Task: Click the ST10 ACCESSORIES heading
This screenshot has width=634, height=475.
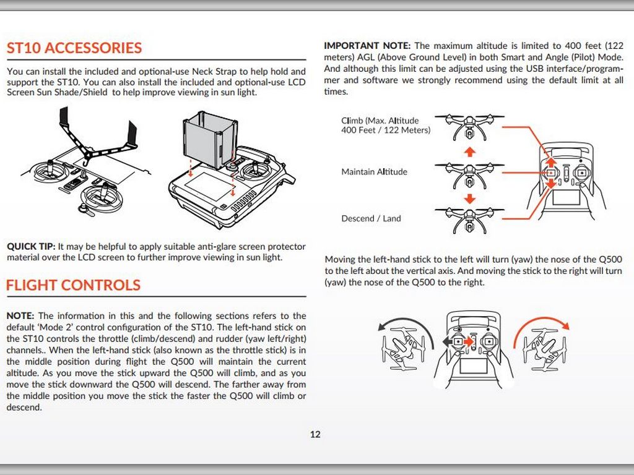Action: coord(74,48)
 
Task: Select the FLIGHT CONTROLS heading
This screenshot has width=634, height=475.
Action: coord(73,285)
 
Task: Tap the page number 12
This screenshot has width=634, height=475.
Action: coord(315,434)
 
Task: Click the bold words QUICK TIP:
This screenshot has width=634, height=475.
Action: coord(31,246)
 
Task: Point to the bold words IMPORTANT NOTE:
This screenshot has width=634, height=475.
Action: coord(367,46)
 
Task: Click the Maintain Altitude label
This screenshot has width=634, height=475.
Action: coord(374,172)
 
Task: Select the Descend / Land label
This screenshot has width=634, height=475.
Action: coord(371,218)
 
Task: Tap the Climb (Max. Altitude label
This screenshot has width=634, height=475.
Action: coord(380,121)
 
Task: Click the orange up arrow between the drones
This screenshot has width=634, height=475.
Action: coord(469,150)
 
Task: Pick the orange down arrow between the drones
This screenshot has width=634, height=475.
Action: coord(469,198)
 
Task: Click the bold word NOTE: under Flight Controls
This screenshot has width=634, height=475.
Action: coord(20,316)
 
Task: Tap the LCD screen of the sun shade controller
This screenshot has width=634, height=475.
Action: coord(207,186)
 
